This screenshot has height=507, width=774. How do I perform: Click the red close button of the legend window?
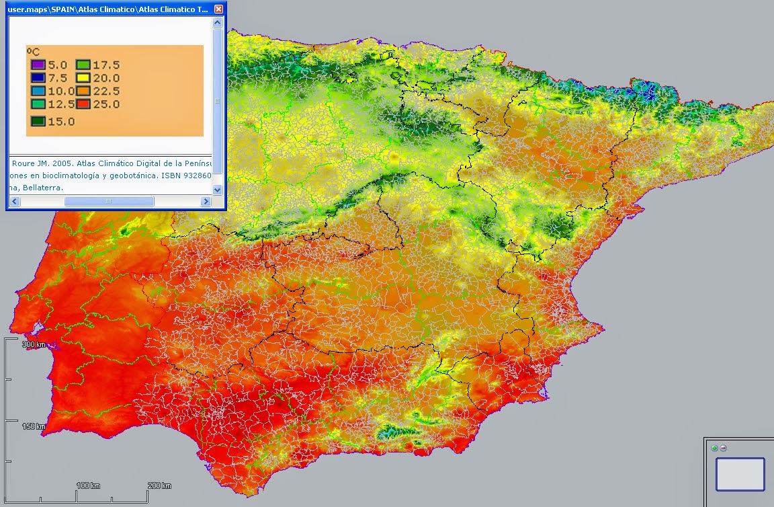point(218,9)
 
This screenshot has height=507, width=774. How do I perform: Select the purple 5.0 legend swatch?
point(37,65)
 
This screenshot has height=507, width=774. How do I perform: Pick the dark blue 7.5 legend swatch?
point(37,78)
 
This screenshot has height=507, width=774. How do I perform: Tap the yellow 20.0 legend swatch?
point(83,78)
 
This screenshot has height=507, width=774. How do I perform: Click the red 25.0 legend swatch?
point(83,104)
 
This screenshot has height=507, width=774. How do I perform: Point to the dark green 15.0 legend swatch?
point(37,122)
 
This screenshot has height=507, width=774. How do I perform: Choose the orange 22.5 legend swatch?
point(83,91)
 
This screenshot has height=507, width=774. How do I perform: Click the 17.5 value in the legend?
point(106,65)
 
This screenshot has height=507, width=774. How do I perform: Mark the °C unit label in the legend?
point(33,51)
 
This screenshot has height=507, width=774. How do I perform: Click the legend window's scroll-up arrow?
point(217,22)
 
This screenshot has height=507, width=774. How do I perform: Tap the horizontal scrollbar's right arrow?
point(206,201)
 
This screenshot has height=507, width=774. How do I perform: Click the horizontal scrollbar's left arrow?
point(15,201)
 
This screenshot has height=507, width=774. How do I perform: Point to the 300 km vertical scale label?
point(33,344)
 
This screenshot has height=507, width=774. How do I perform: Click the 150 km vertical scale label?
point(33,426)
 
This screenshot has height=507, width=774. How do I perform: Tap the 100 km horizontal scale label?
point(87,485)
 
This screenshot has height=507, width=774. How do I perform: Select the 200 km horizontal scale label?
point(159,485)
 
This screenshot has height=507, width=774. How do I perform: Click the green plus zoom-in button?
point(715,448)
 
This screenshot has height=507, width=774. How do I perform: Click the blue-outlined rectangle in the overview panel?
point(740,474)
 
